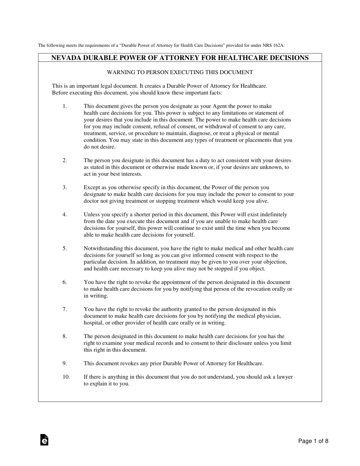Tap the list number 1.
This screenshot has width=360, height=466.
[x=65, y=106]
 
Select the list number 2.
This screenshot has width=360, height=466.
[x=65, y=160]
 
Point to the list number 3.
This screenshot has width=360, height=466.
[x=65, y=187]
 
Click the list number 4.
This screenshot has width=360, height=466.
[x=65, y=214]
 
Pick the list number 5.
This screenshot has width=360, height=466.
[x=65, y=248]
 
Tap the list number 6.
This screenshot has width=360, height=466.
[x=65, y=282]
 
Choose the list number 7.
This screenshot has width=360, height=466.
[x=65, y=309]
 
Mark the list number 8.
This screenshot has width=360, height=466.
[x=65, y=336]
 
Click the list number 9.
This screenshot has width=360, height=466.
[x=65, y=363]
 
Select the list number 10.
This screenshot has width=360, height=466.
[x=66, y=377]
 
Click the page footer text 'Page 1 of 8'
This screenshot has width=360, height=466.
[x=314, y=441]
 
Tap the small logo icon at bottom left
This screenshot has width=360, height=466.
[x=44, y=440]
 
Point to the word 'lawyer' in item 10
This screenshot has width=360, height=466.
[x=283, y=377]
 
